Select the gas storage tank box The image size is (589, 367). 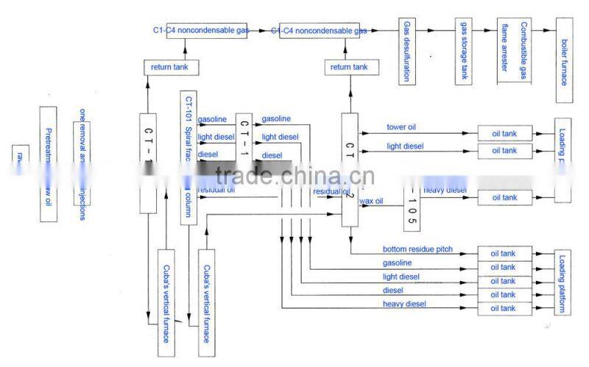click(463, 52)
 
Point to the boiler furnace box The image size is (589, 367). click(564, 58)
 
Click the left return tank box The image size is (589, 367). click(171, 68)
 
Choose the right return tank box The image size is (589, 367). click(349, 68)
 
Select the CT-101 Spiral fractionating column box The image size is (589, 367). click(189, 157)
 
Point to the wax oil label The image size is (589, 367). click(370, 201)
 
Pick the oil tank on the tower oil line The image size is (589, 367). click(504, 134)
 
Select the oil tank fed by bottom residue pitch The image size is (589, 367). click(504, 253)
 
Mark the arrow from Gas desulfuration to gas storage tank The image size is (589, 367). click(434, 30)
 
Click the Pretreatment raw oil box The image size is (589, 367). click(49, 163)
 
